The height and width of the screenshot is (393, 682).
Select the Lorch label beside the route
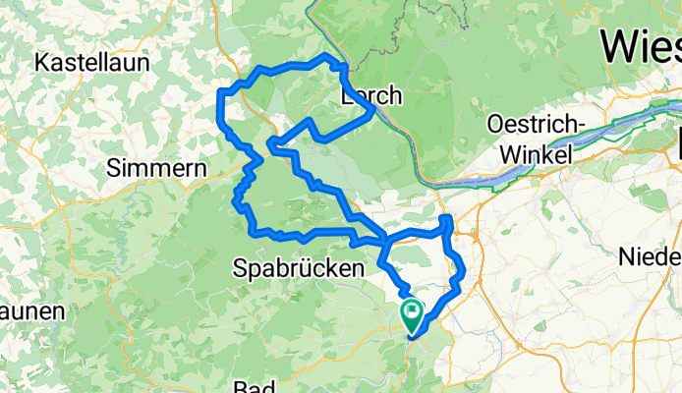pyautogui.click(x=370, y=96)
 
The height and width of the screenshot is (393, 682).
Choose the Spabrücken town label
pyautogui.click(x=298, y=267)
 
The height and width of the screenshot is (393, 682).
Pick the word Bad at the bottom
pyautogui.click(x=255, y=386)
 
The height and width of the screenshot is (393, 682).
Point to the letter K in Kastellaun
pyautogui.click(x=41, y=63)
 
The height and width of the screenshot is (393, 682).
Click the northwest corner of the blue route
pyautogui.click(x=220, y=93)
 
